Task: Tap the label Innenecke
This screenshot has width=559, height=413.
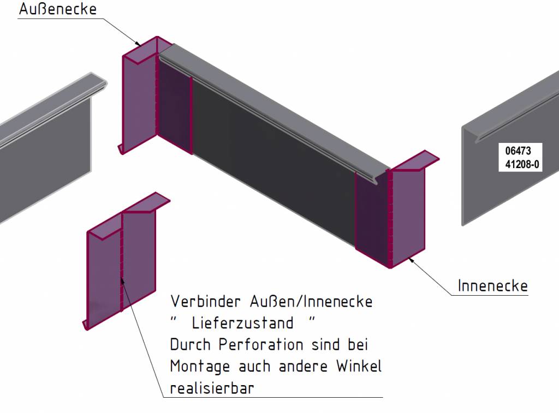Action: tap(492, 286)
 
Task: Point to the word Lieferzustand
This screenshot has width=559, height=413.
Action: tap(242, 323)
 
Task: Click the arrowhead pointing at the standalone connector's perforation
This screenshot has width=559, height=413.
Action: tap(123, 280)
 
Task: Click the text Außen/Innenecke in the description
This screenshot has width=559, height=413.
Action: tap(311, 301)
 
